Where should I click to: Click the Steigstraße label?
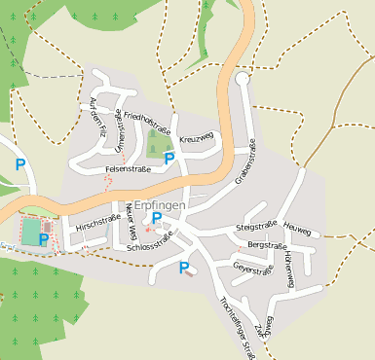(251, 228)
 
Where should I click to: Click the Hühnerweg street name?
(289, 269)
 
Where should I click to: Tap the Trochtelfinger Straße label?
(239, 322)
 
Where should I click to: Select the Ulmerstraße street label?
(119, 132)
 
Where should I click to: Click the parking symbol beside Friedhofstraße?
(169, 158)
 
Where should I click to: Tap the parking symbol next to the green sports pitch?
(45, 238)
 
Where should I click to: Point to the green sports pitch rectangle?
(31, 231)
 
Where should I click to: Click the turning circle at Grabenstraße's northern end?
(242, 79)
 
